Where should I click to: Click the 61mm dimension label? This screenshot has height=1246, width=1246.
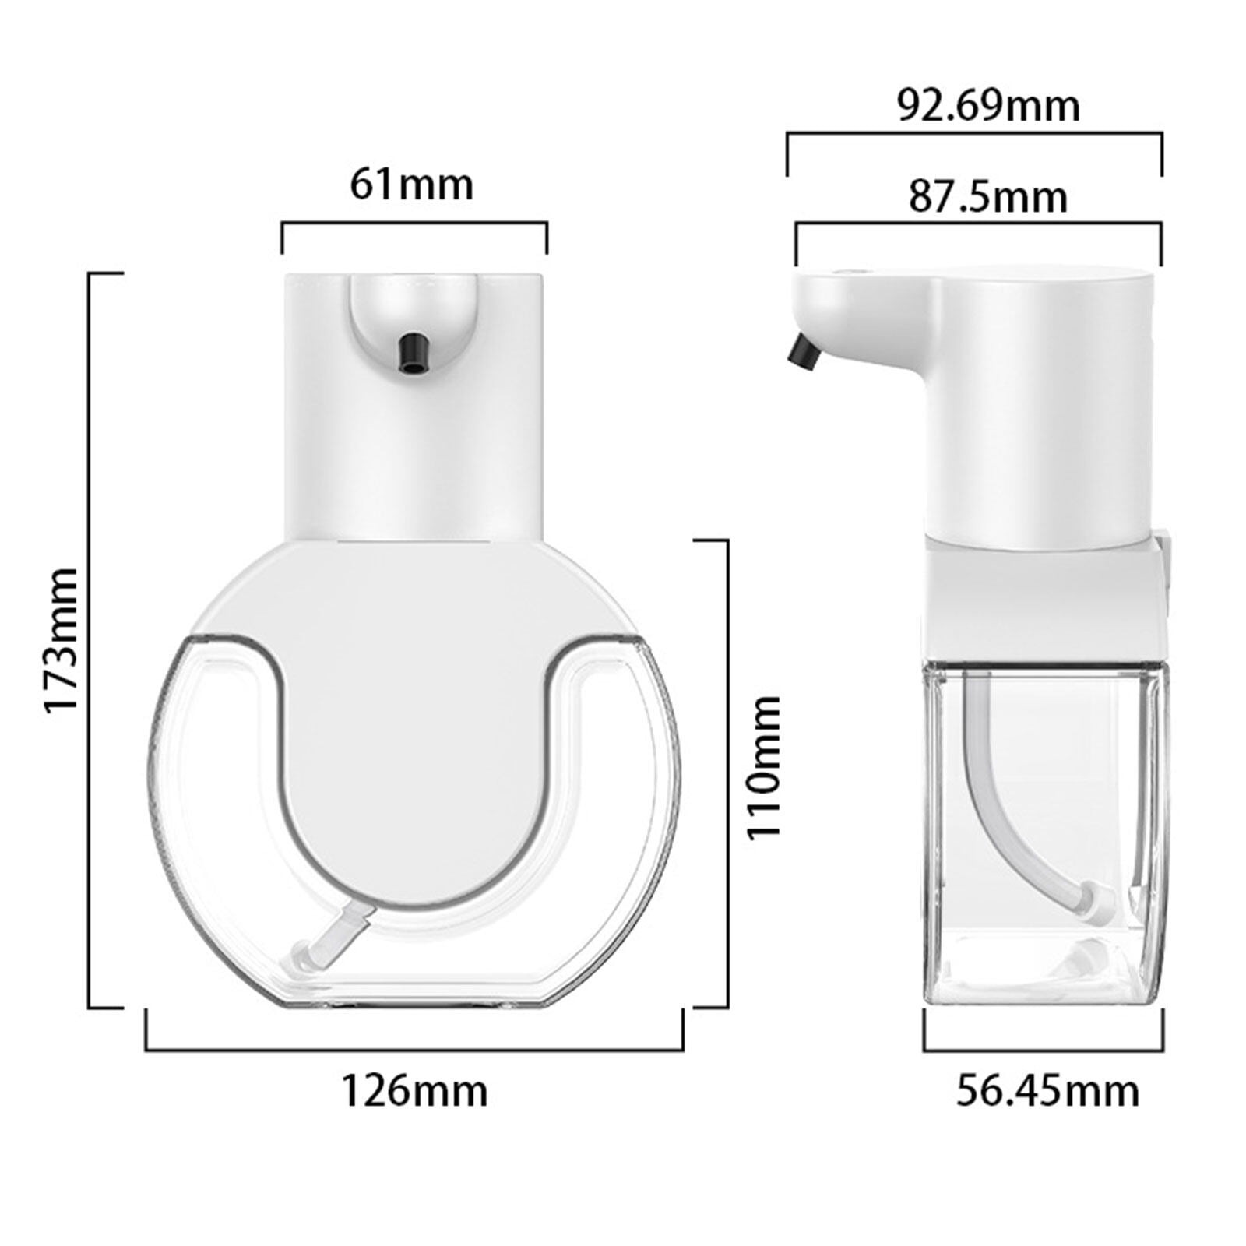pos(411,186)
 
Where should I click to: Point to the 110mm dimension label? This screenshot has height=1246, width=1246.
pos(763,768)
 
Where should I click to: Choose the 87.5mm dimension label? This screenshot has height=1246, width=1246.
pos(987,198)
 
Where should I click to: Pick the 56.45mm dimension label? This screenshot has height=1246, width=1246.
pos(1047,1091)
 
